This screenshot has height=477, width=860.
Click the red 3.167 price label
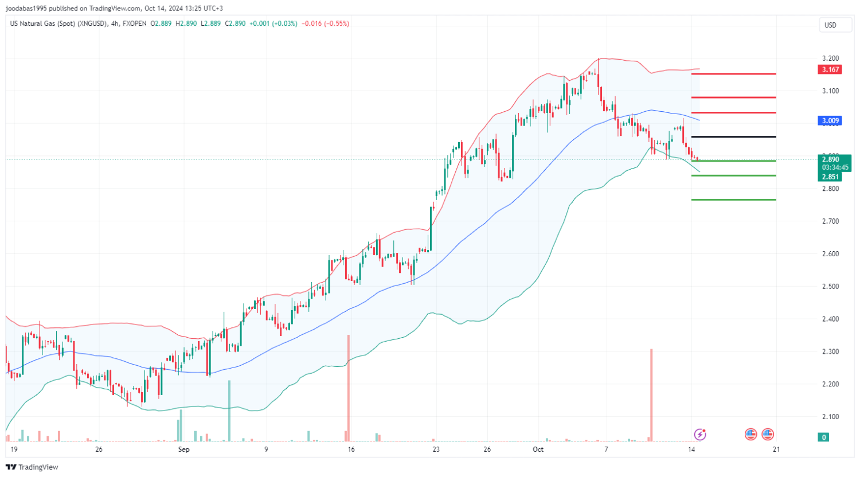830,69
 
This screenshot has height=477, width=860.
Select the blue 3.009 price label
830,120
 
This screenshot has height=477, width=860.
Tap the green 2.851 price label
830,177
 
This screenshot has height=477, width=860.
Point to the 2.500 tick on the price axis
830,286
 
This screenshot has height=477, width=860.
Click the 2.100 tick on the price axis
830,417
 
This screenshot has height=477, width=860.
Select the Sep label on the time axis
183,449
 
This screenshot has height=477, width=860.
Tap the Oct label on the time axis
538,449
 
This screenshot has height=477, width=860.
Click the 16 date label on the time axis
351,449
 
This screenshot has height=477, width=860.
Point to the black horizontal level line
734,136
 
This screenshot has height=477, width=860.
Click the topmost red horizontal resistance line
734,74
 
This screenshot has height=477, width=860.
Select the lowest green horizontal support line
734,200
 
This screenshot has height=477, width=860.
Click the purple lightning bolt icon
699,434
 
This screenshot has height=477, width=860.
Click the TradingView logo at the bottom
32,467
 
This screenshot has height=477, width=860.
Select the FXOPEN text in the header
134,24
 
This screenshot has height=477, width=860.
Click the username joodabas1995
27,8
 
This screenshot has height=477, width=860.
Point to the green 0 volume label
824,437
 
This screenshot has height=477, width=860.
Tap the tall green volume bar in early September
229,410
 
